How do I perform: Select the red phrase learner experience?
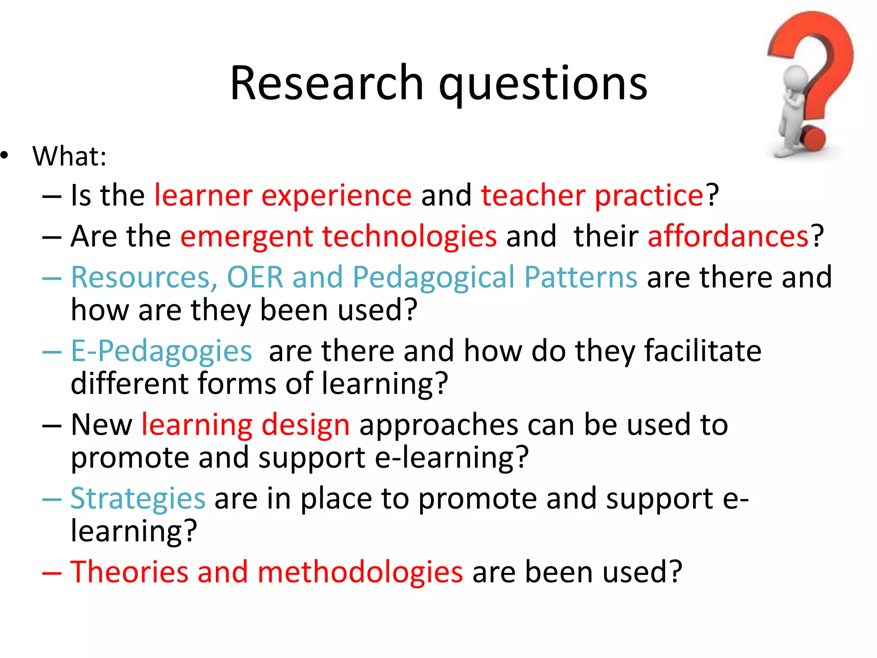pos(283,196)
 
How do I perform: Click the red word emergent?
pos(247,237)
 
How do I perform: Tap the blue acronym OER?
pos(255,277)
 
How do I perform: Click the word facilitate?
pos(703,351)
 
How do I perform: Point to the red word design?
pos(305,426)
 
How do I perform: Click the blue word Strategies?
pos(138,499)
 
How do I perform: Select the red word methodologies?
pos(360,573)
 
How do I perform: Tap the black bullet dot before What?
pos(5,156)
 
